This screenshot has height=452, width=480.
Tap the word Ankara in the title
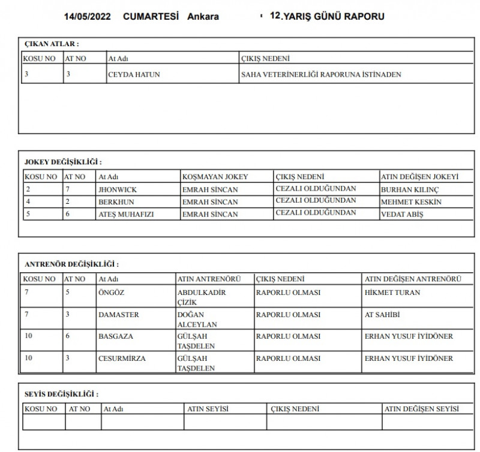click(x=203, y=16)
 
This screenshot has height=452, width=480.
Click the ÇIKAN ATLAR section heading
click(x=52, y=44)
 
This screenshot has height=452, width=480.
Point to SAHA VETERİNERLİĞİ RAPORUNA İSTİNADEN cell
click(x=320, y=75)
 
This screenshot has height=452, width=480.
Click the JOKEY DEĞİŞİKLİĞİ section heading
click(x=62, y=162)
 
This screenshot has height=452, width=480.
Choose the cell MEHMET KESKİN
click(x=411, y=202)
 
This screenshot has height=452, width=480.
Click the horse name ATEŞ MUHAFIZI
click(x=127, y=215)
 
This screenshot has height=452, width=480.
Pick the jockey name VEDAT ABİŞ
click(x=402, y=215)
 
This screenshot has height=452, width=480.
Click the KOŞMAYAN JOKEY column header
click(x=215, y=177)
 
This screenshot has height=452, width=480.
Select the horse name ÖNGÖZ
click(x=111, y=293)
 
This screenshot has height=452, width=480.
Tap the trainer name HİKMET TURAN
click(x=392, y=293)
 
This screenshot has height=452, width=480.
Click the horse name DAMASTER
click(x=119, y=315)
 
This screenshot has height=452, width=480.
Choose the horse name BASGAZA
click(x=116, y=336)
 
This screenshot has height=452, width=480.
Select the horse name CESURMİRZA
click(x=122, y=358)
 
